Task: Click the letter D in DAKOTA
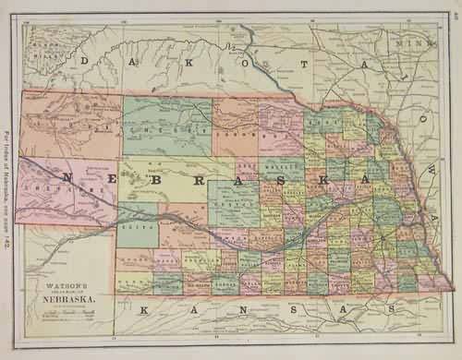click(x=86, y=60)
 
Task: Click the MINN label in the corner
click(x=407, y=42)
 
